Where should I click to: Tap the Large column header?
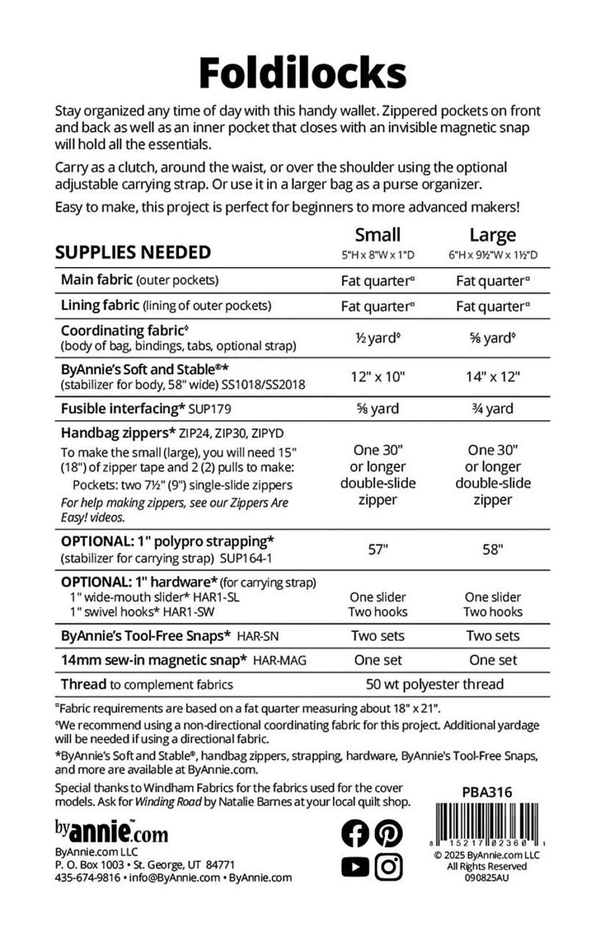pos(492,235)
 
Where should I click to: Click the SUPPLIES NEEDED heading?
pos(133,252)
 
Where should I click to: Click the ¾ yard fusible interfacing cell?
pos(492,409)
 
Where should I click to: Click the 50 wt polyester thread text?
pos(435,685)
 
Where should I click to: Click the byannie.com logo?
pos(111,833)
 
